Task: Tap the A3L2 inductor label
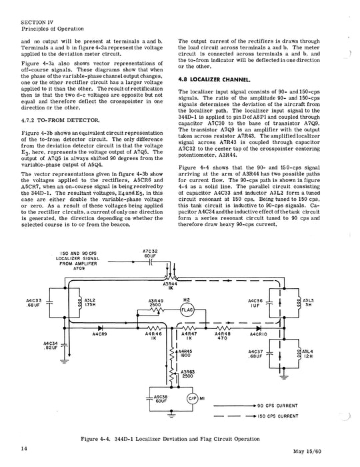[x=91, y=303]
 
